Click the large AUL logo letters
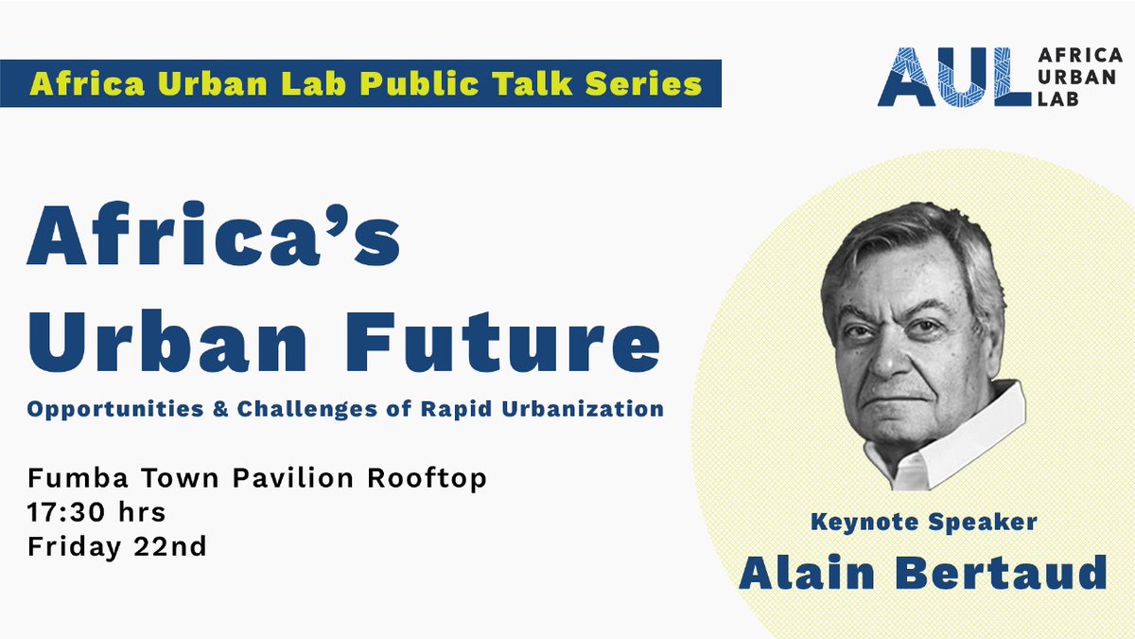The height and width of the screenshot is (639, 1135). [952, 75]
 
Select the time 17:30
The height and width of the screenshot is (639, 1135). [65, 512]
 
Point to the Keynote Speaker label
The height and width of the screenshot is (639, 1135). [922, 522]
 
